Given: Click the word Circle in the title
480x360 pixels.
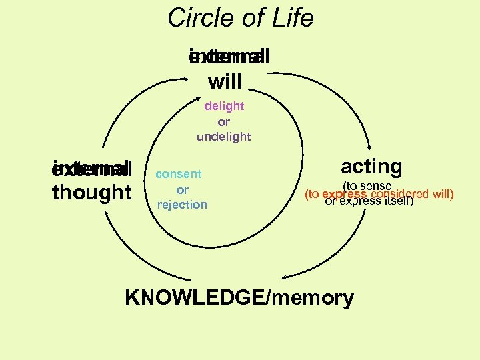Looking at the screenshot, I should pos(198,18).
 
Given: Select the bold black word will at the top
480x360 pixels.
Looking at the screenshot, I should pos(225,82).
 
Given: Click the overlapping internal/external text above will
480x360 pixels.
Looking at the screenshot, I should pos(229,58).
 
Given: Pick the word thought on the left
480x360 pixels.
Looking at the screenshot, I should pos(92,192).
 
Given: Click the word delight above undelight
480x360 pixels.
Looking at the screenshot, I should pos(224,106).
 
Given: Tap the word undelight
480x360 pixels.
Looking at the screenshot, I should pos(224,137).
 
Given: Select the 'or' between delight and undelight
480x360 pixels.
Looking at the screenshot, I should pos(224,121).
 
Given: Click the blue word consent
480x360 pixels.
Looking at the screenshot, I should pos(178,174).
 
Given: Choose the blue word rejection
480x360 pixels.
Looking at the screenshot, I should pos(182,205).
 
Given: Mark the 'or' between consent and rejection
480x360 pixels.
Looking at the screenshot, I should pos(182,189).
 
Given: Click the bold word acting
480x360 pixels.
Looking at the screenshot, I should pos(371,166).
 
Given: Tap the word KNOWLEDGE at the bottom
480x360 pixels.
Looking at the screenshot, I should pos(193,298).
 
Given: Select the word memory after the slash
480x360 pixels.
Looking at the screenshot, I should pos(312,298).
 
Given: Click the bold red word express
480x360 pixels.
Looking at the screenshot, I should pos(344,195).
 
